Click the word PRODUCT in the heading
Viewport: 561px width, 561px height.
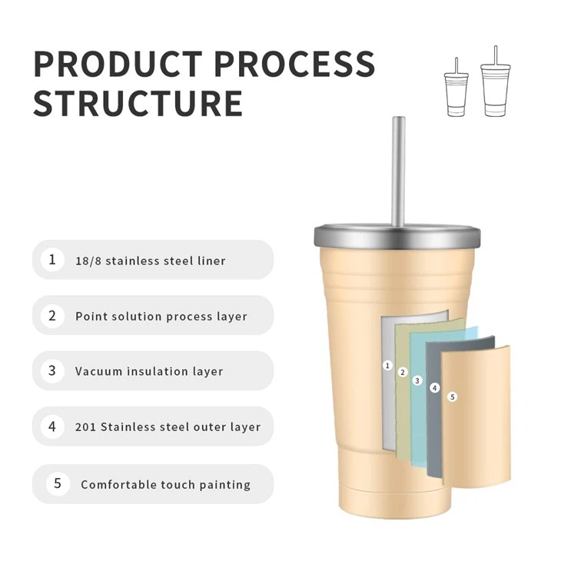[118, 64]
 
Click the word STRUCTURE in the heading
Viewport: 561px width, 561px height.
[138, 104]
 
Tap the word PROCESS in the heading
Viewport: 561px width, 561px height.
[294, 64]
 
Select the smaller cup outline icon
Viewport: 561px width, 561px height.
[456, 87]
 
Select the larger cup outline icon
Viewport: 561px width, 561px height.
[496, 81]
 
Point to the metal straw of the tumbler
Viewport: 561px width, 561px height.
[399, 171]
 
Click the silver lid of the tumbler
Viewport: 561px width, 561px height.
[397, 235]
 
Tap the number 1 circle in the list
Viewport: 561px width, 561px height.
[52, 260]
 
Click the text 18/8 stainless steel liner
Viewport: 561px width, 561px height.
[151, 261]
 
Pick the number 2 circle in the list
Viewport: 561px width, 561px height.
[52, 316]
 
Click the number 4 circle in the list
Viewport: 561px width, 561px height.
[52, 427]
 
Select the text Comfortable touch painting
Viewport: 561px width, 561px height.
[166, 484]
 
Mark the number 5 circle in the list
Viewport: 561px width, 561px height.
[58, 483]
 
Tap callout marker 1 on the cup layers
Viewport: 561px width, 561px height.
[387, 366]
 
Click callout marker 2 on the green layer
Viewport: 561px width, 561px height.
[403, 373]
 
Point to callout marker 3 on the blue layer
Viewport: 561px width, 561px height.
[417, 380]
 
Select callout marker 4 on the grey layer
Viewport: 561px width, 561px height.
[435, 388]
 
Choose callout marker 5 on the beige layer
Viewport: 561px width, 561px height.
[453, 397]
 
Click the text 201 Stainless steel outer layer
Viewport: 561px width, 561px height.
[168, 427]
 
